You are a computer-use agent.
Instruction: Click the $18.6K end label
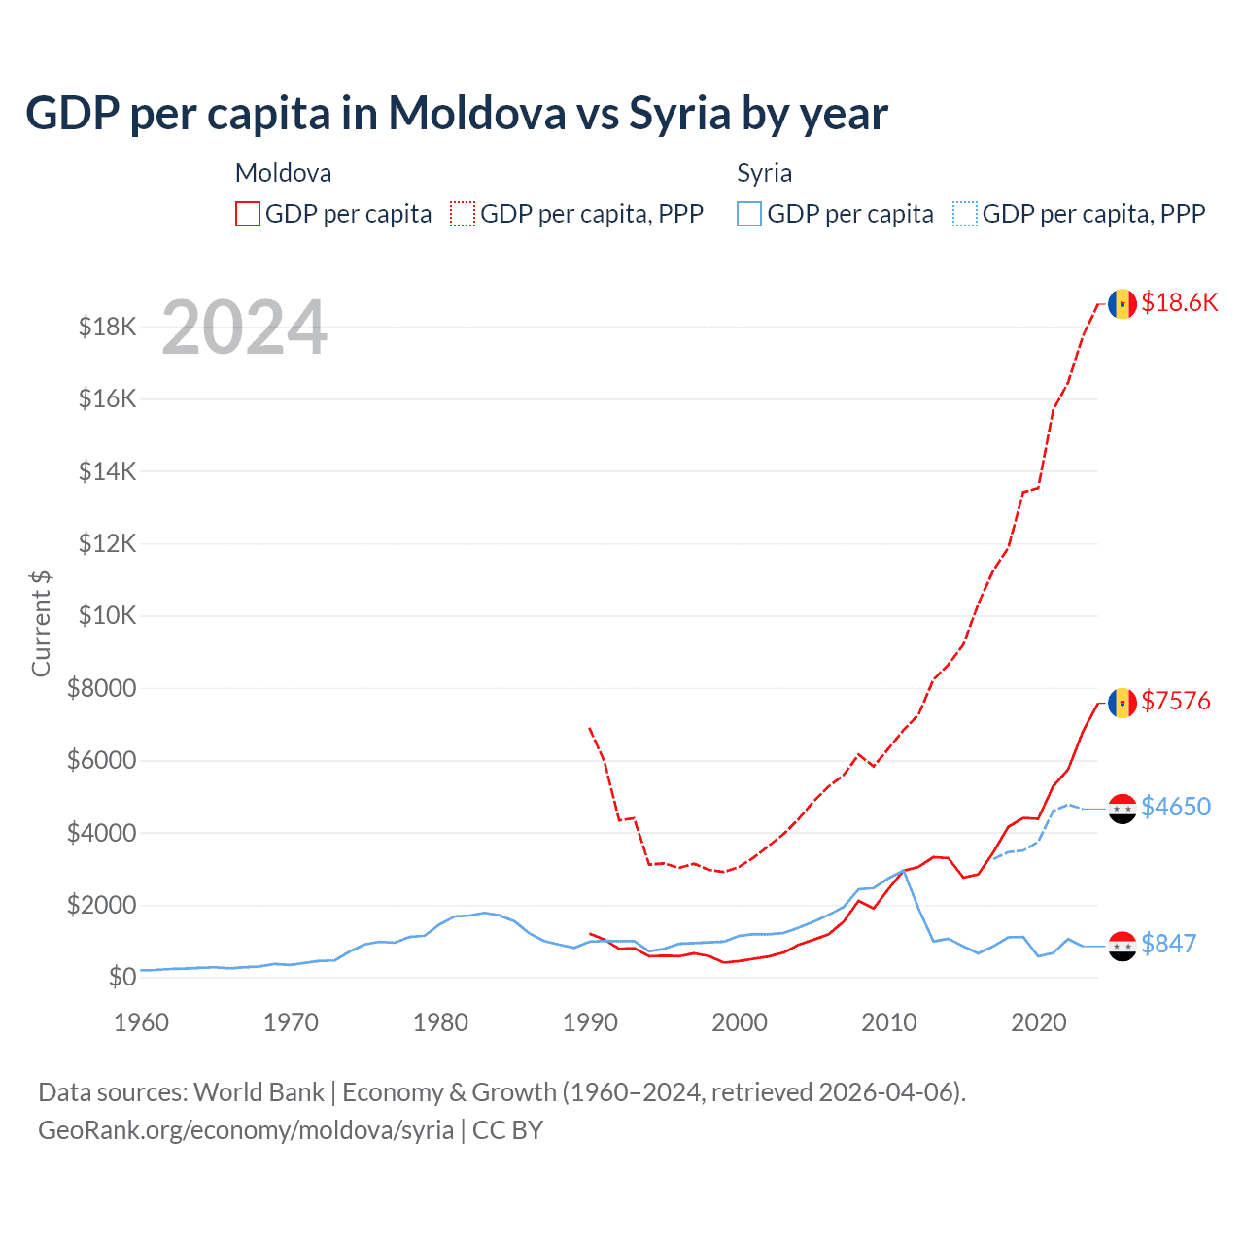[x=1179, y=302]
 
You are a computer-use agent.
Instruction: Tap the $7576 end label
[x=1176, y=701]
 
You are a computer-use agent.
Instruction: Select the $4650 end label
[x=1176, y=807]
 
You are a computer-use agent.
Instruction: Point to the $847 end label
[x=1168, y=944]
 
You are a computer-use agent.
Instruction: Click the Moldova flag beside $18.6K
[x=1123, y=304]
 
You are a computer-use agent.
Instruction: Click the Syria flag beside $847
[x=1123, y=946]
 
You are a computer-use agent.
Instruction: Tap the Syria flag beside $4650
[x=1123, y=809]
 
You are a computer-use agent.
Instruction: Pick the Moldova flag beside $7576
[x=1123, y=703]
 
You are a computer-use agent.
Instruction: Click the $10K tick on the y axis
[x=107, y=616]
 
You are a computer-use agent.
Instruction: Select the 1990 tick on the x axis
[x=590, y=1022]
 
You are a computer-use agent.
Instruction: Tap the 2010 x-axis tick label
[x=889, y=1022]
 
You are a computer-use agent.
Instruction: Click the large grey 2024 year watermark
[x=245, y=328]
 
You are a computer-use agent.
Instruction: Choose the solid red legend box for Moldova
[x=248, y=214]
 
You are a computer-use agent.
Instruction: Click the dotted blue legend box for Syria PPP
[x=965, y=214]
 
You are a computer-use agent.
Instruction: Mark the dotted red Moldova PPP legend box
[x=463, y=214]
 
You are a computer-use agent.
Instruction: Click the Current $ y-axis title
[x=41, y=623]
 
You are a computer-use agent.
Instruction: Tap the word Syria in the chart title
[x=679, y=114]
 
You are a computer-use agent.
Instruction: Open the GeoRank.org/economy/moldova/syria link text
[x=246, y=1130]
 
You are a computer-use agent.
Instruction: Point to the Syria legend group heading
[x=764, y=173]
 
